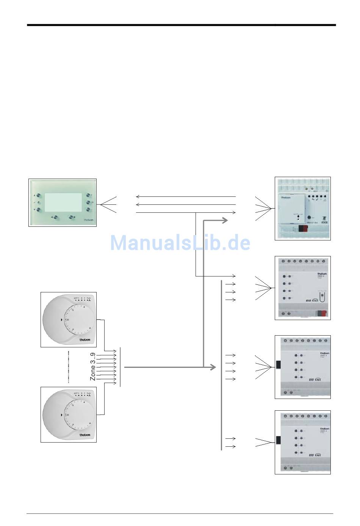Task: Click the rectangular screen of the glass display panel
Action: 63,202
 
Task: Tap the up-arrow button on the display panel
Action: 38,196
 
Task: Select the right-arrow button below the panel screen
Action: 72,217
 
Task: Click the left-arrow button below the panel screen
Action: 56,217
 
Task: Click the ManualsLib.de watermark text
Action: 180,243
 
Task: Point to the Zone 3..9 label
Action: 92,367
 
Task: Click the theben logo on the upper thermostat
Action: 85,340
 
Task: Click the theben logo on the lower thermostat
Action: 85,435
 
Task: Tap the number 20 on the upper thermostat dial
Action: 67,320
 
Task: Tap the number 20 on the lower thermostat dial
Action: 67,415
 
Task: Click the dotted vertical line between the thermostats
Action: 69,367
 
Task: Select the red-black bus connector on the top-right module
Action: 303,228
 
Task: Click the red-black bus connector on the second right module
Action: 322,313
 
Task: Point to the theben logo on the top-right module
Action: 286,198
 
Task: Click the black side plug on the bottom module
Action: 278,440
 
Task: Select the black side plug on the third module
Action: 278,365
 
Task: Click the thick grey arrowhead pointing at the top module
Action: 224,220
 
